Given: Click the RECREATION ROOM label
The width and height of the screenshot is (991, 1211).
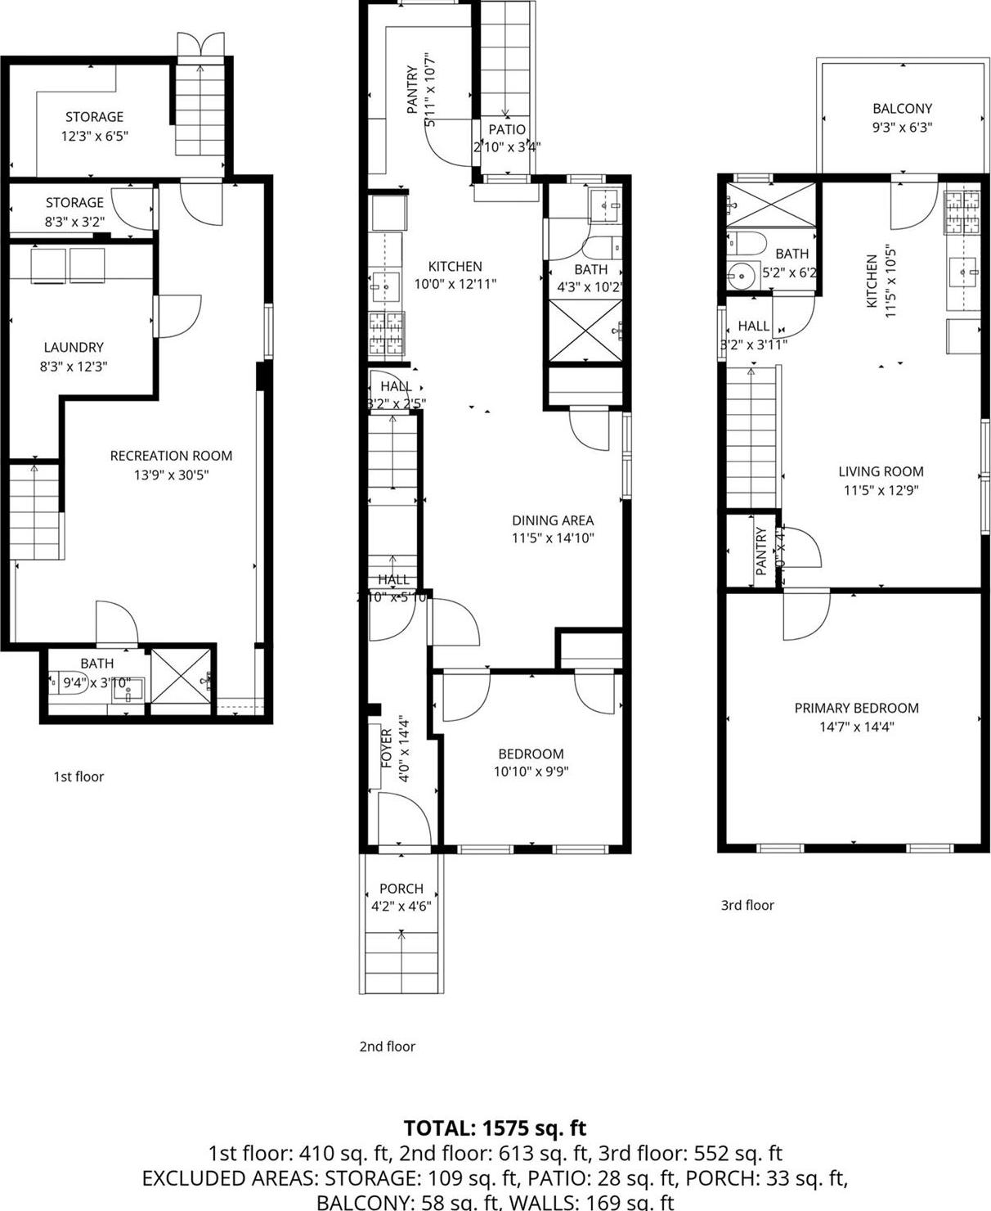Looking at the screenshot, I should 171,456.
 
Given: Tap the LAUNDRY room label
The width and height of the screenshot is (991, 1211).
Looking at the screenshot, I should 74,348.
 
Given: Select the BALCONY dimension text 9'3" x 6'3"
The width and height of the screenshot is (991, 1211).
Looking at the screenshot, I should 902,128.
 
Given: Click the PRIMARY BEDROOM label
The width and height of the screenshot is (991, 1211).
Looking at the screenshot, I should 856,708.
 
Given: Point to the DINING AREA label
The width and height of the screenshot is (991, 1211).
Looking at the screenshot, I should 553,520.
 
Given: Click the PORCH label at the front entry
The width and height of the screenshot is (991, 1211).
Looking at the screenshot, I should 401,889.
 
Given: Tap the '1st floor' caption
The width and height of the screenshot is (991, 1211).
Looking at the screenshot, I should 78,777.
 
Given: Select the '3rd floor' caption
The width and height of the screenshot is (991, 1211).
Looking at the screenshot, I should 747,905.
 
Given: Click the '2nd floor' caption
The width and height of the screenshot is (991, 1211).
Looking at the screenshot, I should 387,1047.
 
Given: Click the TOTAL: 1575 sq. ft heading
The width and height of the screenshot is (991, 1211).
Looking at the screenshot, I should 495,1128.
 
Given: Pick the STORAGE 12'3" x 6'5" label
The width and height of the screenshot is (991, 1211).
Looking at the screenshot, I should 94,117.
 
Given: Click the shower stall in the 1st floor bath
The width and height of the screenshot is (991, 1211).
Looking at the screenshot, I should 183,676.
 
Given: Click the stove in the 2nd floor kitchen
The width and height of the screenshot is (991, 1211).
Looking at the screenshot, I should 386,334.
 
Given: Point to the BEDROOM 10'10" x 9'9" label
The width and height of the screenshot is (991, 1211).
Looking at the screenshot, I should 531,754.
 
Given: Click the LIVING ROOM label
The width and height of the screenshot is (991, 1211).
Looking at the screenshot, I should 881,471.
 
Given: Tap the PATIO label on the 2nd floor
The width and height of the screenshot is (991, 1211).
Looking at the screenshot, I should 507,129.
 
